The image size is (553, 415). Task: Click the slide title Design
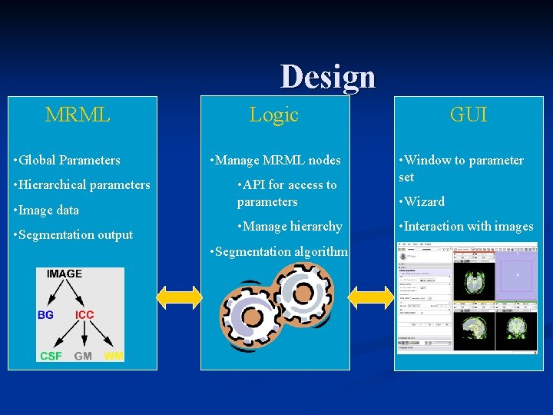tap(328, 77)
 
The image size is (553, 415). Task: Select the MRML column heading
tap(78, 115)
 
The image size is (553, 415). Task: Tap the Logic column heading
tap(273, 115)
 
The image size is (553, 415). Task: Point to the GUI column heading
tap(468, 115)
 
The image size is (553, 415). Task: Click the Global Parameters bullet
tap(68, 161)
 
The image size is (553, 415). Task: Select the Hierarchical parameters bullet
tap(82, 185)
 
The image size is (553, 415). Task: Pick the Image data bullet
tap(47, 210)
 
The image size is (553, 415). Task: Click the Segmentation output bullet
tap(74, 235)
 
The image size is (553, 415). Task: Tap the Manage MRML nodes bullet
tap(275, 161)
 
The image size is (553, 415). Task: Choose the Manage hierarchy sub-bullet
tap(290, 227)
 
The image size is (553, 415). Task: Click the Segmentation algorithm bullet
tap(278, 251)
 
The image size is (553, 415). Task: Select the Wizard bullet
tap(422, 202)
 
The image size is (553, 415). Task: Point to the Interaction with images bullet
tap(465, 227)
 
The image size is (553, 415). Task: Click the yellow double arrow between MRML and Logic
tap(179, 297)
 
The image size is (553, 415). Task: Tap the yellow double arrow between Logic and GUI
tap(371, 297)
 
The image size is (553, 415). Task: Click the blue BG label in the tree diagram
tap(46, 315)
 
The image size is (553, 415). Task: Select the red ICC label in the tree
tap(84, 315)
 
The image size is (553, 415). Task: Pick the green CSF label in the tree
tap(51, 356)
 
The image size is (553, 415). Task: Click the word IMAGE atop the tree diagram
tap(65, 274)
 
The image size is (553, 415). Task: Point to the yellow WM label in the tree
tap(113, 356)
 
